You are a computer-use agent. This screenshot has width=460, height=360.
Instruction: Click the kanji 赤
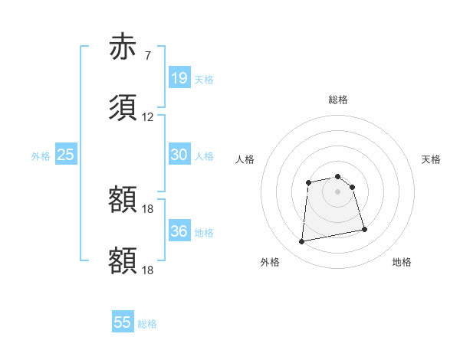pos(123,47)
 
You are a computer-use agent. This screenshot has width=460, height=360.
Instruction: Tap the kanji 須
pos(123,107)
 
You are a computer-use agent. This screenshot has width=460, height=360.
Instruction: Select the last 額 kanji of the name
pos(123,260)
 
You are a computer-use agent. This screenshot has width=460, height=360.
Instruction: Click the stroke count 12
pos(148,117)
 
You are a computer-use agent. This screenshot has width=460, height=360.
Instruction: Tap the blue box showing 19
pos(179,78)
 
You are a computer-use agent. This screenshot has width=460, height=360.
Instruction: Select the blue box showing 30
pos(179,155)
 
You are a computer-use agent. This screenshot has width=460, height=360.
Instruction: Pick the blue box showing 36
pos(179,231)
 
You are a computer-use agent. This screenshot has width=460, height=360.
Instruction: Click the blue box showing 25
pos(66,155)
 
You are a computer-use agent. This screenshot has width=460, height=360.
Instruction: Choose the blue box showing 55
pos(123,322)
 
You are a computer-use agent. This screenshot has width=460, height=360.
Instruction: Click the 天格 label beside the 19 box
pos(204,79)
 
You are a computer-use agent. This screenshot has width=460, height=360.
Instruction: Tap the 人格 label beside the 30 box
pos(204,155)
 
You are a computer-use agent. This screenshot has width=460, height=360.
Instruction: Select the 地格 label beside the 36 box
pos(204,232)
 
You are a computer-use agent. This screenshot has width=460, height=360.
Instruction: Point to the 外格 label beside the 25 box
pos(41,155)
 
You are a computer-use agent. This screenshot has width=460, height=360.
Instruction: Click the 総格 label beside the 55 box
pos(147,323)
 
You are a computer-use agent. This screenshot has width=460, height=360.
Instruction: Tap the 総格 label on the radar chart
pos(338,100)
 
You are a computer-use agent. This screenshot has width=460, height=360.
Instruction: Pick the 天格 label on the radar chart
pos(431,159)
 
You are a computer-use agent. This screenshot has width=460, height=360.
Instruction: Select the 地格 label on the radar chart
pos(402,262)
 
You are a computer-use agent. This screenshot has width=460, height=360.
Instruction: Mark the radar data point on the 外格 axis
pos(302,242)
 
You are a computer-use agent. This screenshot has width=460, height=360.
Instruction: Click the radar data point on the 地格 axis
pos(364,229)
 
